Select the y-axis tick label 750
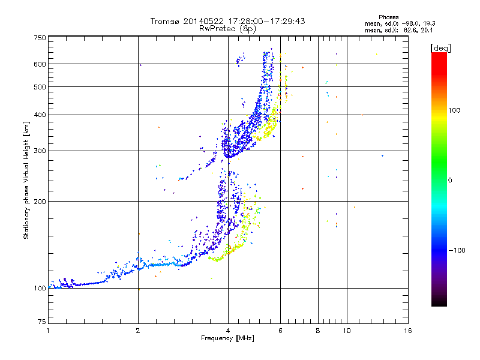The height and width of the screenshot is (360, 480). pyautogui.click(x=40, y=38)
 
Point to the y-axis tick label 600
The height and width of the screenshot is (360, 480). pyautogui.click(x=40, y=64)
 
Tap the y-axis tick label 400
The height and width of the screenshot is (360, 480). pyautogui.click(x=40, y=115)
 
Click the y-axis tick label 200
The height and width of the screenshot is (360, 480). pyautogui.click(x=40, y=202)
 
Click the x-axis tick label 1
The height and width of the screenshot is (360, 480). pyautogui.click(x=48, y=331)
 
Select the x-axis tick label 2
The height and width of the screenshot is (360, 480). pyautogui.click(x=138, y=331)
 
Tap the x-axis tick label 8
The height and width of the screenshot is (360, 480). pyautogui.click(x=318, y=331)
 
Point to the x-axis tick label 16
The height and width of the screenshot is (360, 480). pyautogui.click(x=407, y=331)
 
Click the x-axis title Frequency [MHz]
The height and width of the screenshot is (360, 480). pyautogui.click(x=227, y=338)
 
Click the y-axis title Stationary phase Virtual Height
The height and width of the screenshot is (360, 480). pyautogui.click(x=26, y=181)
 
